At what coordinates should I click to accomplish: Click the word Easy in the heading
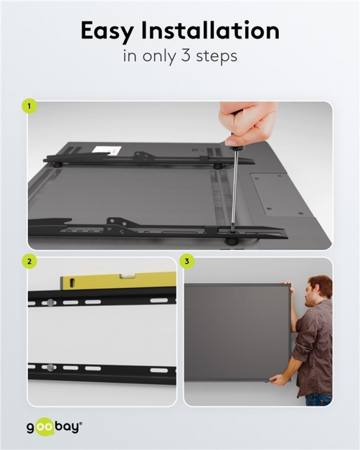click(106, 31)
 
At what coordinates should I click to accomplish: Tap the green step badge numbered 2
click(29, 262)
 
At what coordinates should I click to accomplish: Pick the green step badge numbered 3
click(187, 262)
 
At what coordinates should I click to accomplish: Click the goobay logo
click(54, 426)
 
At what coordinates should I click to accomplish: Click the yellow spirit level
click(118, 281)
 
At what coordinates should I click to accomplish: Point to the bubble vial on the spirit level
click(127, 276)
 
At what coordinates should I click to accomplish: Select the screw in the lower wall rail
click(50, 368)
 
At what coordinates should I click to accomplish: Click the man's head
click(319, 290)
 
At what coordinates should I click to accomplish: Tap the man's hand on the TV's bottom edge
click(278, 379)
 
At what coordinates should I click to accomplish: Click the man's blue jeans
click(319, 399)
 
